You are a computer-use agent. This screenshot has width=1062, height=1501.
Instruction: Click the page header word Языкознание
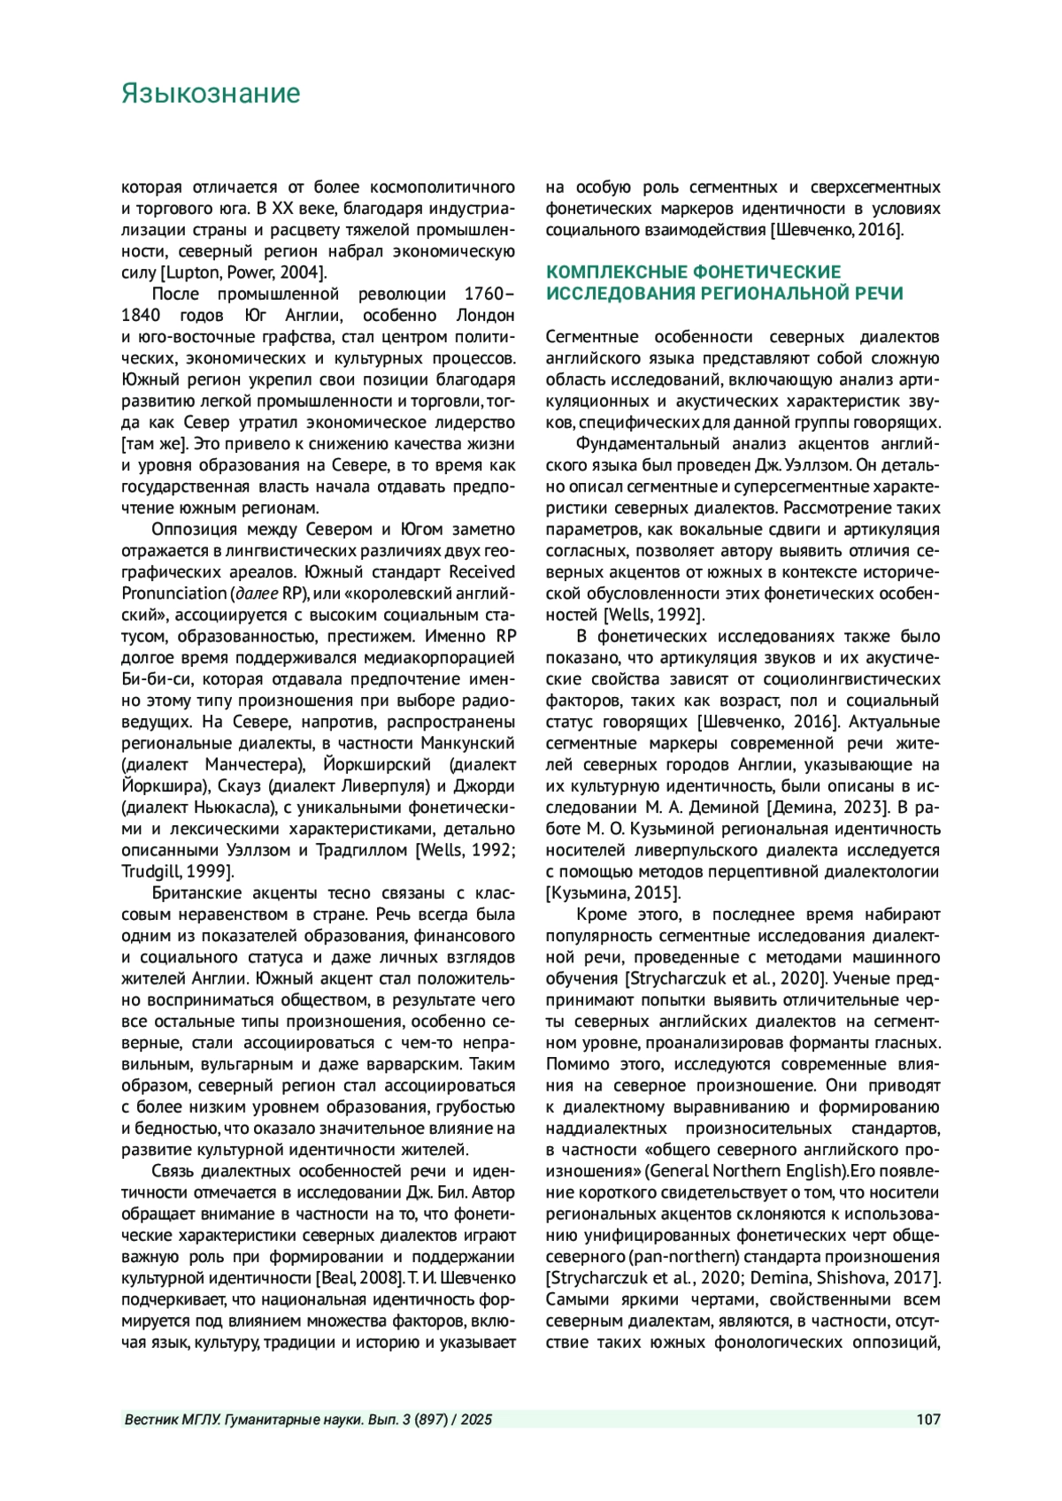coord(211,94)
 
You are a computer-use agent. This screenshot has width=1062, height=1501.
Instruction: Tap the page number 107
coord(928,1421)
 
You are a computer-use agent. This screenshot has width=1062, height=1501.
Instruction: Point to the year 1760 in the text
coord(483,294)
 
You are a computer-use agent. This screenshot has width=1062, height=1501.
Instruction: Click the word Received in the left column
coord(481,572)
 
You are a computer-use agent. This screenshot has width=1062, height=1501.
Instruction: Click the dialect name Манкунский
coord(467,743)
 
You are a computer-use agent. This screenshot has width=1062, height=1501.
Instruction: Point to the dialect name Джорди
coord(485,786)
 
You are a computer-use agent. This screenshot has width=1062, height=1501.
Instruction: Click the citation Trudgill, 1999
coord(174,871)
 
